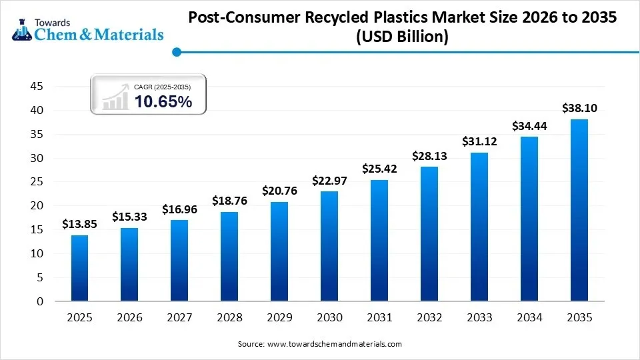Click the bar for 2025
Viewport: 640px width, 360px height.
[79, 268]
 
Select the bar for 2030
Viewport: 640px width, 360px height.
[329, 246]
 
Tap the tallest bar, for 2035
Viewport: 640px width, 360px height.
[579, 210]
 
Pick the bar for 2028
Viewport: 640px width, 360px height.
[229, 256]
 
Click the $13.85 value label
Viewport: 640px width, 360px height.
[79, 224]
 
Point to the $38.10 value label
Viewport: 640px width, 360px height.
[579, 108]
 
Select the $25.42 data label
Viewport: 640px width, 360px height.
[379, 169]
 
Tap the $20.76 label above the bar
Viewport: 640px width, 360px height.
[279, 191]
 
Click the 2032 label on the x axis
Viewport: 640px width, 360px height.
[429, 318]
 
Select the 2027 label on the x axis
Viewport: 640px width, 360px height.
[179, 318]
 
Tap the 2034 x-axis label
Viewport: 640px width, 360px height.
[529, 318]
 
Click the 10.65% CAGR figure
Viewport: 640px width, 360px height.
[163, 101]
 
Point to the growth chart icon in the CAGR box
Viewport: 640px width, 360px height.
[115, 97]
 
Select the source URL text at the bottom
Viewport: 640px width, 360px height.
[320, 344]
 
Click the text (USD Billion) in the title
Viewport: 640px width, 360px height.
[402, 37]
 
